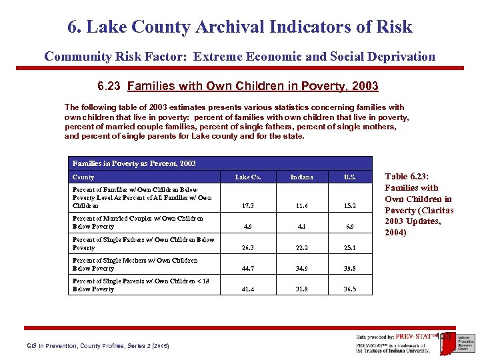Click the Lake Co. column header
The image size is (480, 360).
(x=247, y=177)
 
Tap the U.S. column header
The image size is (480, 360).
(x=350, y=177)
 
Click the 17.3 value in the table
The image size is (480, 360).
(x=247, y=206)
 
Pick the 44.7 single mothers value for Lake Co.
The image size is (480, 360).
(x=247, y=268)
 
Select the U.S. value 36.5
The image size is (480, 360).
(x=350, y=289)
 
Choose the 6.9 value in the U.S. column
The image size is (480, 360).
(x=350, y=227)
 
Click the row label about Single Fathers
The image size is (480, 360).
(x=143, y=243)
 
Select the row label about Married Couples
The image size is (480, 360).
(x=137, y=222)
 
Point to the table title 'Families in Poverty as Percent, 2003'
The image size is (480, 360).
(x=134, y=163)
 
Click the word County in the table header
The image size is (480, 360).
(x=83, y=177)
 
